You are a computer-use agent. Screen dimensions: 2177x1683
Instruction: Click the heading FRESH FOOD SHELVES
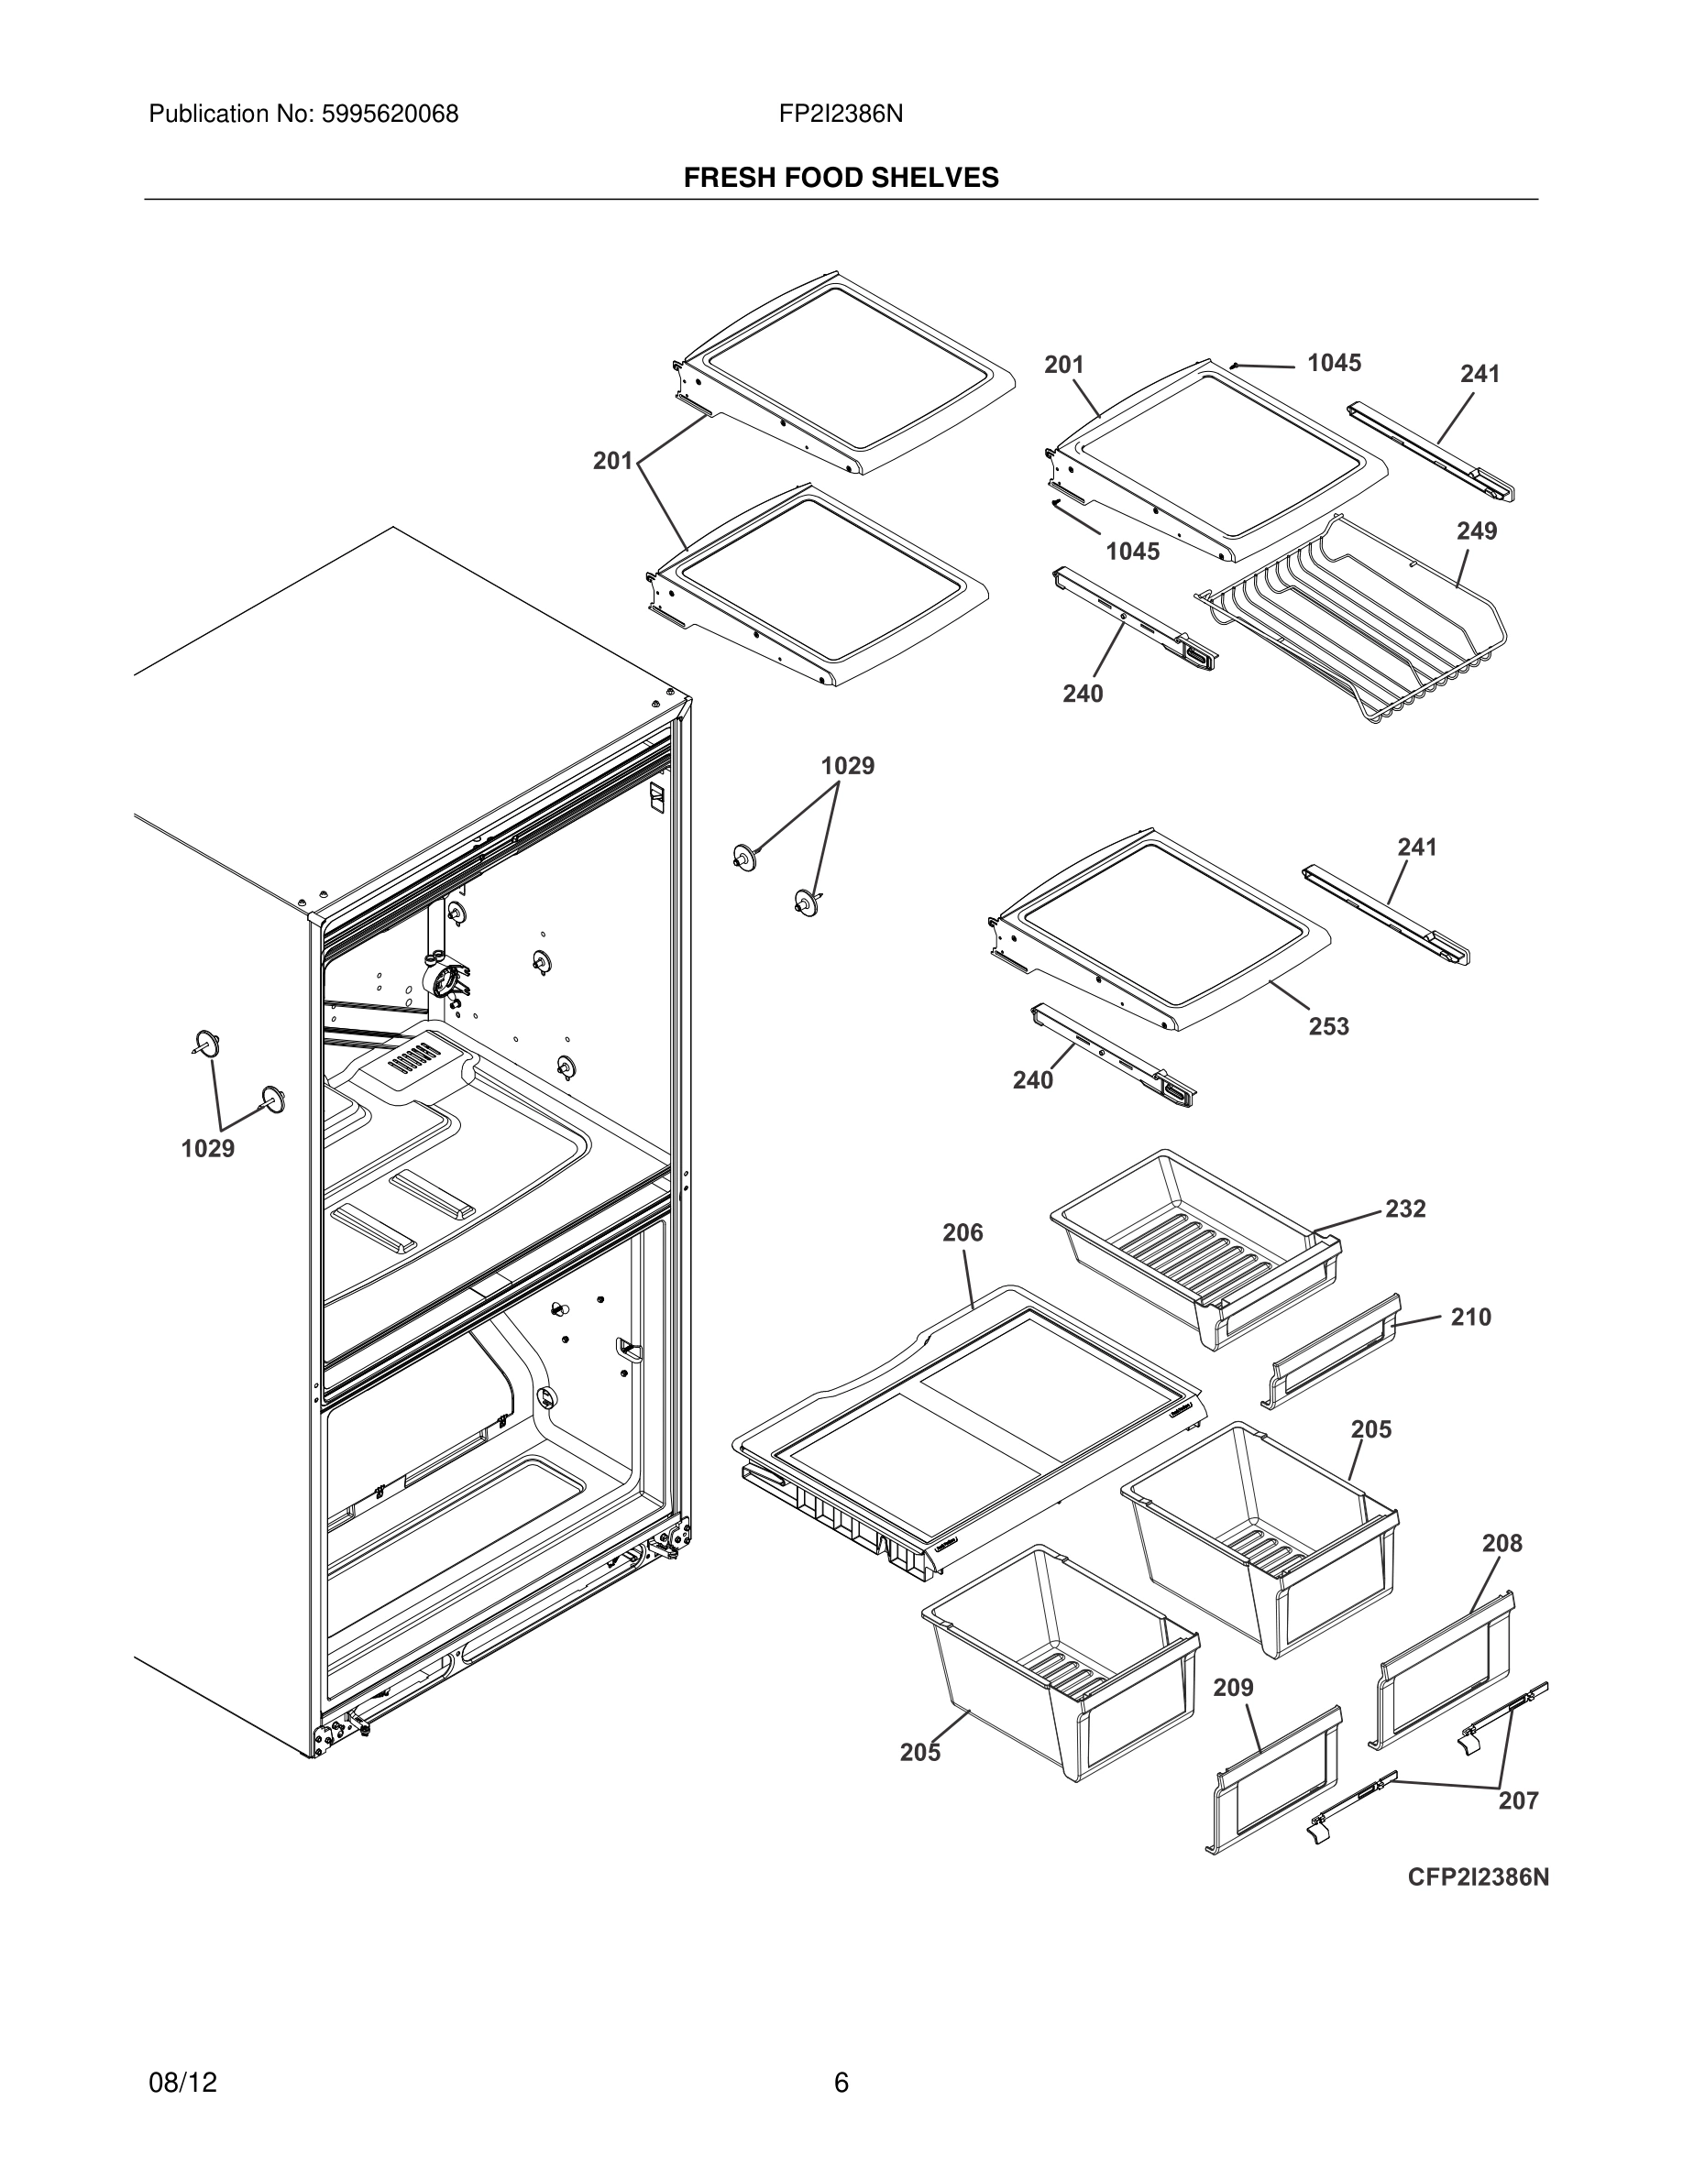click(x=841, y=178)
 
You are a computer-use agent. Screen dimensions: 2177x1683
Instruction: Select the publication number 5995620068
click(x=389, y=115)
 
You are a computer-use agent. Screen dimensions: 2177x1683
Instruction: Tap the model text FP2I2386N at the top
click(x=841, y=115)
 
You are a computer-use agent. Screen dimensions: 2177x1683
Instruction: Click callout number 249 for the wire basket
click(x=1476, y=531)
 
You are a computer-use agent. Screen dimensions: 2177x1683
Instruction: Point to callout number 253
click(x=1328, y=1025)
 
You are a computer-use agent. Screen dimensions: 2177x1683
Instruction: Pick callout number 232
click(x=1405, y=1209)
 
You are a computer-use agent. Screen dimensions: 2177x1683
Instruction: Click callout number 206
click(x=962, y=1233)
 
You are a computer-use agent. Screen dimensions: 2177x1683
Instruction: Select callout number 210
click(x=1469, y=1317)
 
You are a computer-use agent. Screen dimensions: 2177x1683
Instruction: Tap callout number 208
click(x=1501, y=1543)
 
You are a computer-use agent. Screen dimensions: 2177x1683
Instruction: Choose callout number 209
click(x=1233, y=1688)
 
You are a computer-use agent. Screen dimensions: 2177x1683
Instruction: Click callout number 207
click(x=1517, y=1800)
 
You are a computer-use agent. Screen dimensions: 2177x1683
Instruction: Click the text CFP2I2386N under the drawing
click(x=1478, y=1877)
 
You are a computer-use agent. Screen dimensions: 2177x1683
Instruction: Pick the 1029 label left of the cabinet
click(x=207, y=1148)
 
